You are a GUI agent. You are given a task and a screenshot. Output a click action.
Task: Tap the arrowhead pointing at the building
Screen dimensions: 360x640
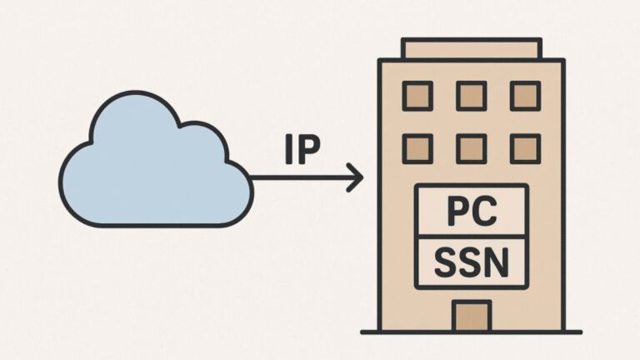tap(357, 177)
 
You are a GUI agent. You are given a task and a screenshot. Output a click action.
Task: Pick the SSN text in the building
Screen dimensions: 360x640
tap(472, 262)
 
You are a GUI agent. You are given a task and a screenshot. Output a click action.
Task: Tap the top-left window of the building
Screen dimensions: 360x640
tap(417, 96)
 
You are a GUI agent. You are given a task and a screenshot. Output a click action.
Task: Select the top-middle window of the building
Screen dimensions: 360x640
tap(472, 96)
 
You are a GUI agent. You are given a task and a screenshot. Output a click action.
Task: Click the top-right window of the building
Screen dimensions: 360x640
tap(525, 96)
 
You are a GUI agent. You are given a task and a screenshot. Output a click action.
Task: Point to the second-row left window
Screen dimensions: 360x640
tap(417, 148)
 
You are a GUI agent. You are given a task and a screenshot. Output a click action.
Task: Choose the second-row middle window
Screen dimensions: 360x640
tap(472, 148)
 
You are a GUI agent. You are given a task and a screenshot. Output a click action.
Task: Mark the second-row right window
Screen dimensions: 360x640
tap(525, 148)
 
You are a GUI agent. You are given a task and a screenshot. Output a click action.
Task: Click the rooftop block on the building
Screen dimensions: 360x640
tap(472, 48)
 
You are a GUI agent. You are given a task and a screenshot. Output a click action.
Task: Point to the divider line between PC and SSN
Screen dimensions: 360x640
tap(472, 237)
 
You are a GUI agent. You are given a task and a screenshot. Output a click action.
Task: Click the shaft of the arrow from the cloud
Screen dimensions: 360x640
tap(300, 177)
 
